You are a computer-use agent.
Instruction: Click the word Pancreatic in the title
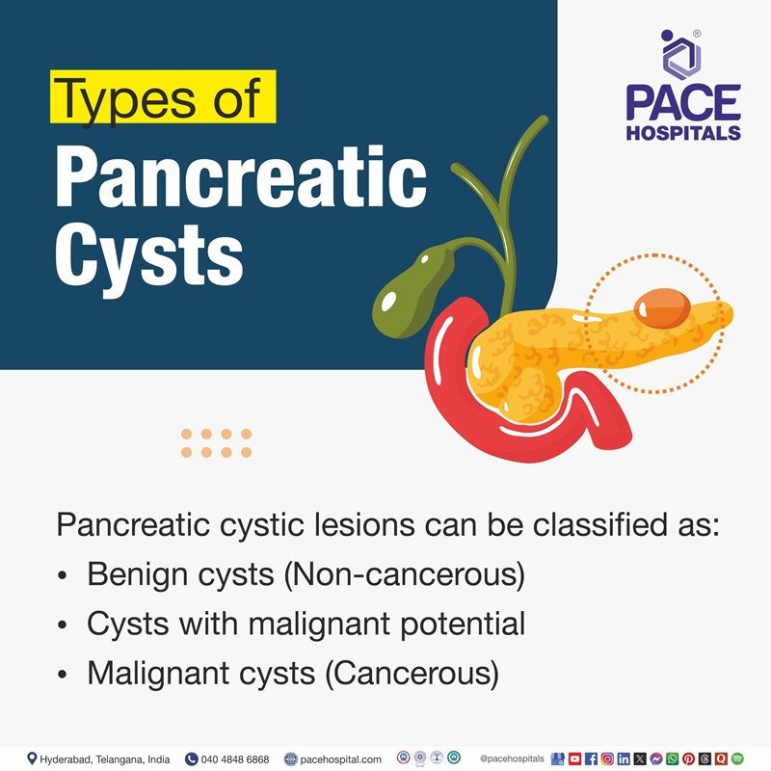(x=240, y=179)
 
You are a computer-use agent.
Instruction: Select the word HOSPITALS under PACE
(x=683, y=132)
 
